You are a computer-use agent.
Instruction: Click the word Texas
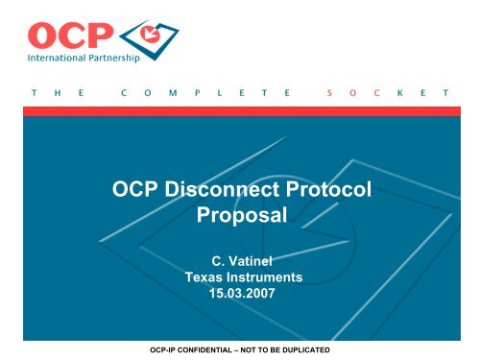tap(204, 276)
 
